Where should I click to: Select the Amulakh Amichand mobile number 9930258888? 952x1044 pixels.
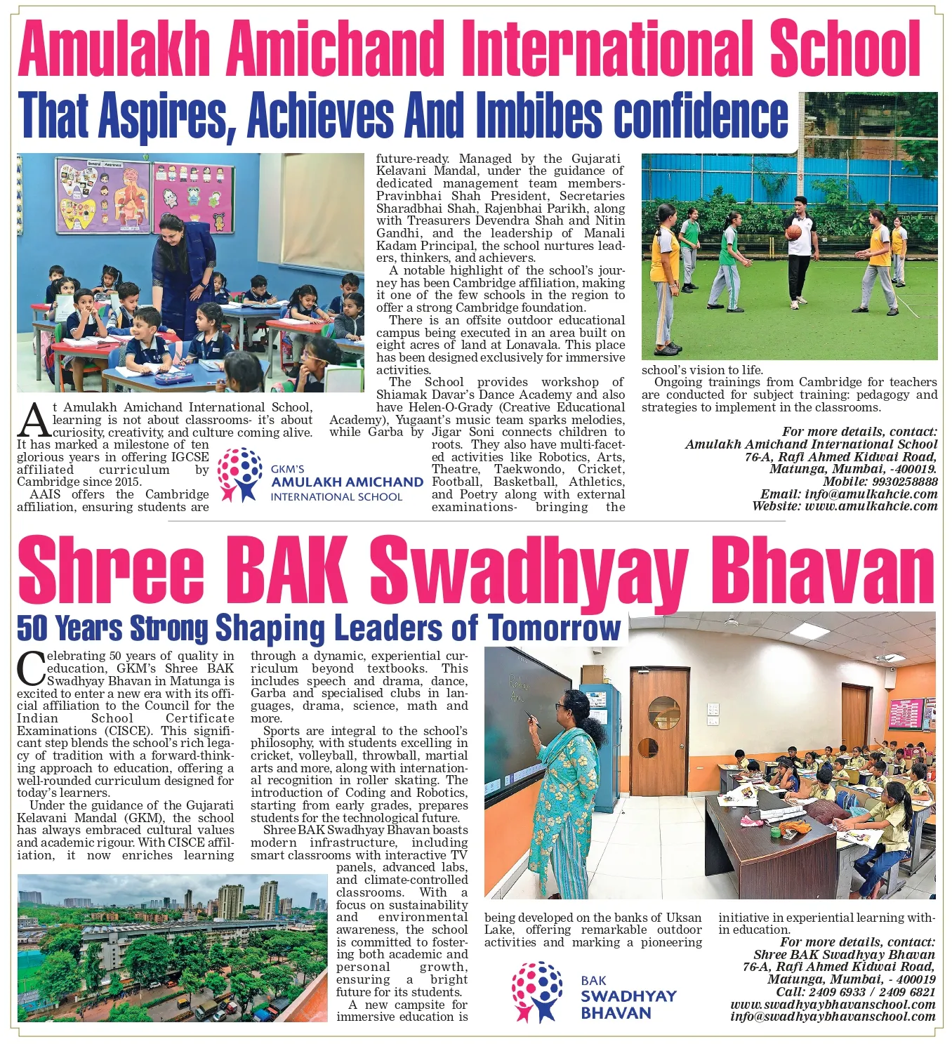[x=905, y=482]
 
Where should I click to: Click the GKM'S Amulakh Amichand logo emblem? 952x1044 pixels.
[x=240, y=475]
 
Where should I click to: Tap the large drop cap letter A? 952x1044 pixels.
[x=33, y=421]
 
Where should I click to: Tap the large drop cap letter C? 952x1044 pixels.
[x=31, y=669]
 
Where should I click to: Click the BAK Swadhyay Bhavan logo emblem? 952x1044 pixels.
[x=536, y=992]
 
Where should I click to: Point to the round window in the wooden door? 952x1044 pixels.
[x=663, y=713]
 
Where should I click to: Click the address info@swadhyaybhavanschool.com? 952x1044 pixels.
[x=833, y=1017]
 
